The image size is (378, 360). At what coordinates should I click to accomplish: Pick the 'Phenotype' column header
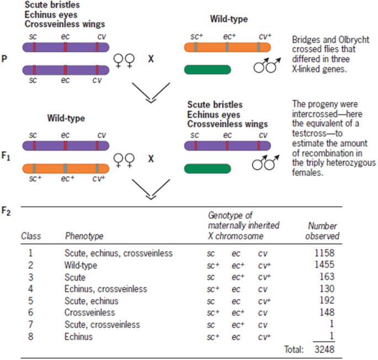coord(84,236)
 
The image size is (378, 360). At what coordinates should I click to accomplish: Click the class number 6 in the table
coord(31,313)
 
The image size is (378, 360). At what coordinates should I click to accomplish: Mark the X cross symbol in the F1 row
coord(151,158)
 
